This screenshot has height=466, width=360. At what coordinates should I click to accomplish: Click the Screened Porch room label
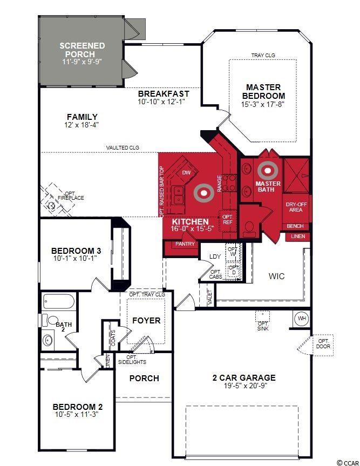[x=82, y=50]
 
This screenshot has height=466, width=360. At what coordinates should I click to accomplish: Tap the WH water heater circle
[x=302, y=319]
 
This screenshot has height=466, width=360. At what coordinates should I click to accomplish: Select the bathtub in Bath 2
[x=58, y=302]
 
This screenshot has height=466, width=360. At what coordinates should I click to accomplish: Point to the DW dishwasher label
[x=186, y=173]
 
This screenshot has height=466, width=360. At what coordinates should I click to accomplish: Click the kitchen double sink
[x=179, y=195]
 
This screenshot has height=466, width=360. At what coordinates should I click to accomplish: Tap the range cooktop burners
[x=229, y=183]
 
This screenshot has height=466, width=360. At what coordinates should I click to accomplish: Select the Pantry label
[x=185, y=244]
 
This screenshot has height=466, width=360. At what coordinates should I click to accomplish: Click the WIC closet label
[x=276, y=276]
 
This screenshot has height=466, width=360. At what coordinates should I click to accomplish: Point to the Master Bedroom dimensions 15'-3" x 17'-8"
[x=263, y=104]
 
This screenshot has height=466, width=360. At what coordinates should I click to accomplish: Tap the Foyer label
[x=146, y=320]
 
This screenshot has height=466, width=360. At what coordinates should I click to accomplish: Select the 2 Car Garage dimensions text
[x=246, y=386]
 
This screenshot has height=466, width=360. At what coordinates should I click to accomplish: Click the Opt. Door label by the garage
[x=323, y=344]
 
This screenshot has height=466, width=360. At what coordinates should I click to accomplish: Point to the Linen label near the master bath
[x=297, y=237]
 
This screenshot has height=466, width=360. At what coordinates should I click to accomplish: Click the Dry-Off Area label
[x=296, y=207]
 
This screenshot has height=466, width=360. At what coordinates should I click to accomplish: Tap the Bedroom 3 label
[x=76, y=251]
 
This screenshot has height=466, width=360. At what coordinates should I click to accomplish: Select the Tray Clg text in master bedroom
[x=263, y=55]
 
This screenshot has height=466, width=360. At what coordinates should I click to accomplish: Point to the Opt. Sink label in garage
[x=263, y=326]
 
